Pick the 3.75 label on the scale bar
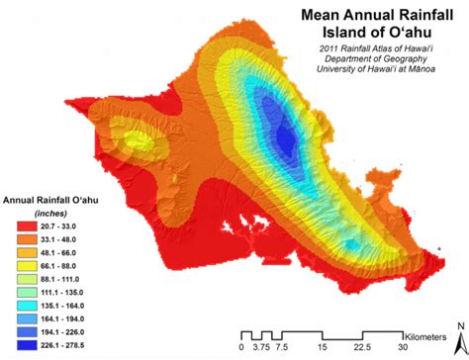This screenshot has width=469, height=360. pyautogui.click(x=262, y=347)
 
